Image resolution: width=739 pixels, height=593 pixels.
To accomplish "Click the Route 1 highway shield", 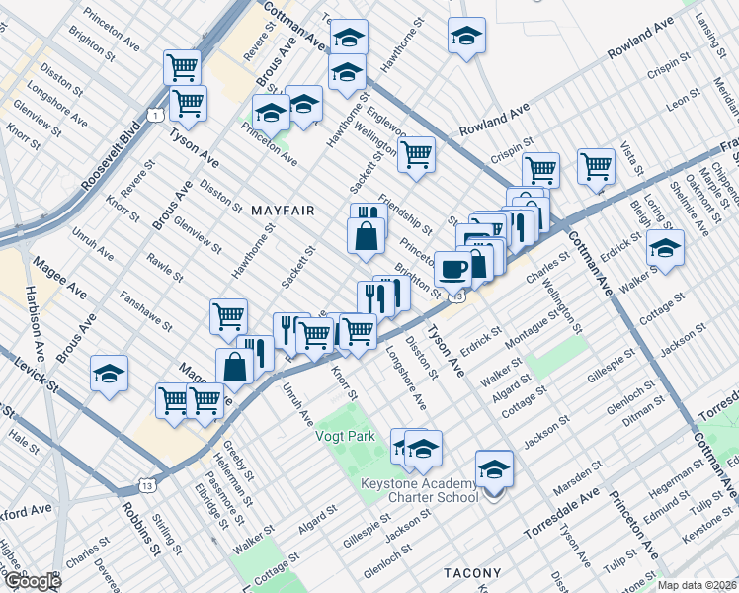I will pos(156,116).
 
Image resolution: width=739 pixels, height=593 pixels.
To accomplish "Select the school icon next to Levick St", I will pos(109,375).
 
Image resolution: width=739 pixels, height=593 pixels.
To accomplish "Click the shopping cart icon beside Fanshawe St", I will pos(228,316).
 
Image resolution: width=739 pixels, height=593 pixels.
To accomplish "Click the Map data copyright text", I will pos(697,585).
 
